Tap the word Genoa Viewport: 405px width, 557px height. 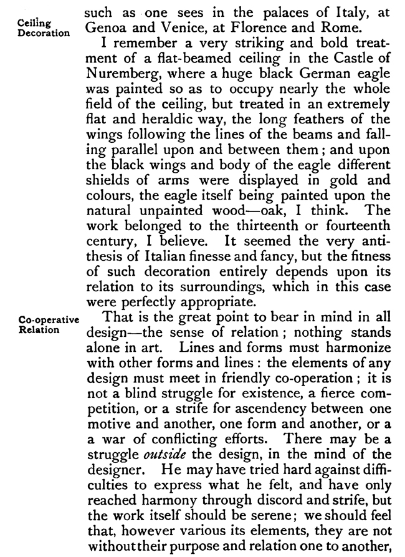pyautogui.click(x=103, y=28)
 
